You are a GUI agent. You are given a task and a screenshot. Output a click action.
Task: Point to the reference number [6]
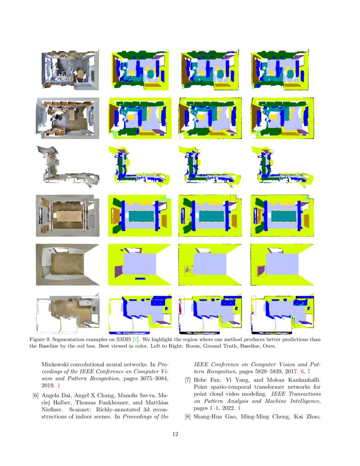pos(36,396)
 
